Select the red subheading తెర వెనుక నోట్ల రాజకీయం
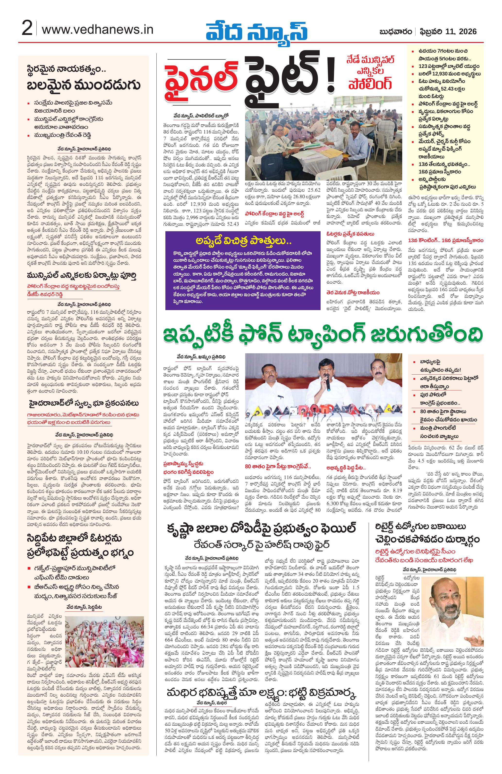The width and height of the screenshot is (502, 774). coord(353,292)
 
